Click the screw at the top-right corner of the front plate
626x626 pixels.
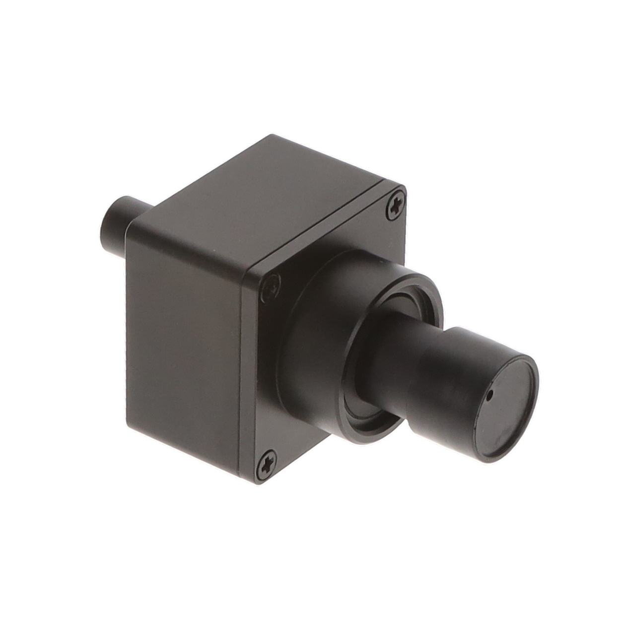[x=395, y=206]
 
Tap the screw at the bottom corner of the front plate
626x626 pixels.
[x=267, y=465]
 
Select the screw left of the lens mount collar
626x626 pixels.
[x=271, y=287]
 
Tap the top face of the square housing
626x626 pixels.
[x=268, y=199]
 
